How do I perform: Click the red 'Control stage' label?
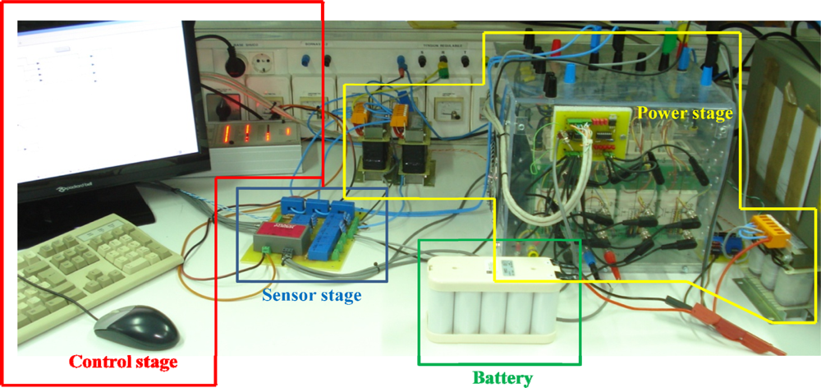pos(122,361)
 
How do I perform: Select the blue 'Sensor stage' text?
pos(311,293)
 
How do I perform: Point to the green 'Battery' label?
pos(502,378)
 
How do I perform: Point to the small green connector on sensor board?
pos(265,254)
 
